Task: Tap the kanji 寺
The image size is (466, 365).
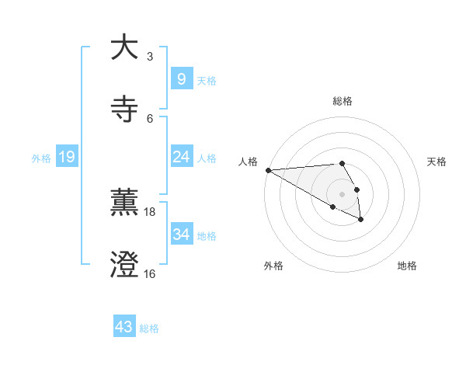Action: [124, 108]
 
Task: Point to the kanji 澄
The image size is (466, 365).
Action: [124, 264]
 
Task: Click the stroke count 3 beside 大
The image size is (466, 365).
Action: [150, 56]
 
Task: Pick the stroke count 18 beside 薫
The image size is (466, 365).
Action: [150, 211]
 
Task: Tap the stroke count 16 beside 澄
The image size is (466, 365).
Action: [150, 273]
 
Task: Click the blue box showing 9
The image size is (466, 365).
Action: [181, 79]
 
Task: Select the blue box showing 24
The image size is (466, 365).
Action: [181, 157]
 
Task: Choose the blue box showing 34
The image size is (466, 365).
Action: [181, 235]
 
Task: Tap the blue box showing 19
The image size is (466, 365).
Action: [66, 157]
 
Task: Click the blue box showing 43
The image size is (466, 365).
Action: [124, 327]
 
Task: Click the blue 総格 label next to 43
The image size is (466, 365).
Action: [149, 328]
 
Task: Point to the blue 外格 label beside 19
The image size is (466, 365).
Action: [41, 158]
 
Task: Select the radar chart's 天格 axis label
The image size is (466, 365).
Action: [436, 162]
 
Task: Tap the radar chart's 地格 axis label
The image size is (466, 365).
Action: [407, 266]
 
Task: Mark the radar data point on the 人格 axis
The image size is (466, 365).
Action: [268, 170]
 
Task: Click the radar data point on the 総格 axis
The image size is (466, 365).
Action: [342, 163]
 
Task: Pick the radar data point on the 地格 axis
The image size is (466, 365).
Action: [361, 220]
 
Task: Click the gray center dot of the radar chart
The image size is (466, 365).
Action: [342, 193]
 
